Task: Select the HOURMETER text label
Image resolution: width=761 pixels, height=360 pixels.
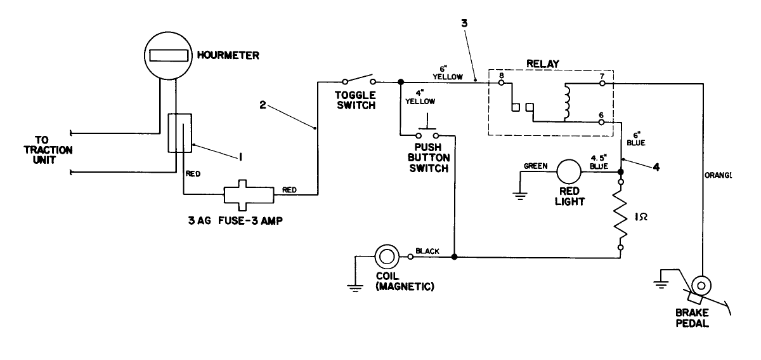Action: pyautogui.click(x=228, y=56)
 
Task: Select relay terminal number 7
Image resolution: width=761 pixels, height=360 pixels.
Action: pyautogui.click(x=601, y=76)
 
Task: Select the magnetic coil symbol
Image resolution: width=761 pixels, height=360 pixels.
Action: pyautogui.click(x=387, y=257)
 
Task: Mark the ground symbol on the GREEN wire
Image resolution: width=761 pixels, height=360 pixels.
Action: pyautogui.click(x=521, y=195)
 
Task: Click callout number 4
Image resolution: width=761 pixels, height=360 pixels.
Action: pyautogui.click(x=656, y=169)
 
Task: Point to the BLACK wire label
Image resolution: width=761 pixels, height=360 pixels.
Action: pyautogui.click(x=428, y=251)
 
